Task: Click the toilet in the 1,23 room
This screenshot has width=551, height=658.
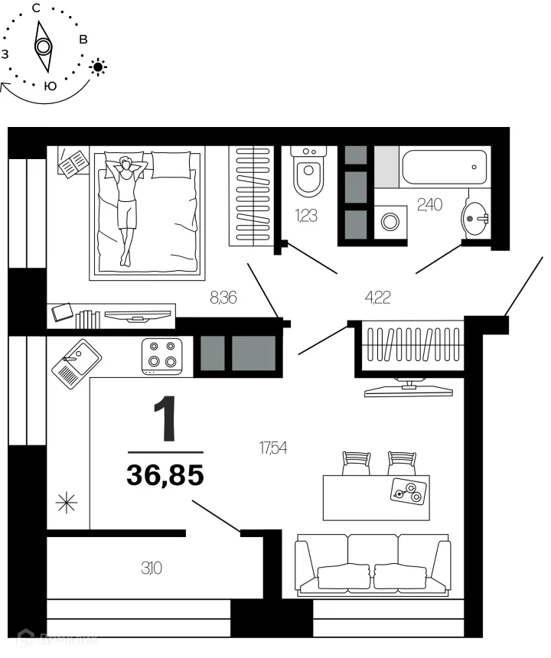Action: point(309,174)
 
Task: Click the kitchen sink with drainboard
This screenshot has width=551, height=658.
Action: point(76,365)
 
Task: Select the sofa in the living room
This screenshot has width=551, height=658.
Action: point(373,565)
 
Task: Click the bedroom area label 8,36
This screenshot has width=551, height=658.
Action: point(222,298)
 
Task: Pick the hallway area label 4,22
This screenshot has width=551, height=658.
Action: point(377,298)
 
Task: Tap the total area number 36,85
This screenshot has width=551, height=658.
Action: point(165,476)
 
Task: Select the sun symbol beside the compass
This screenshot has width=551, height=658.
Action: point(98,67)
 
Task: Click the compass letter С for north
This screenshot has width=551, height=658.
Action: point(37,8)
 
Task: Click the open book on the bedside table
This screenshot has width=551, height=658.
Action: point(73,163)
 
